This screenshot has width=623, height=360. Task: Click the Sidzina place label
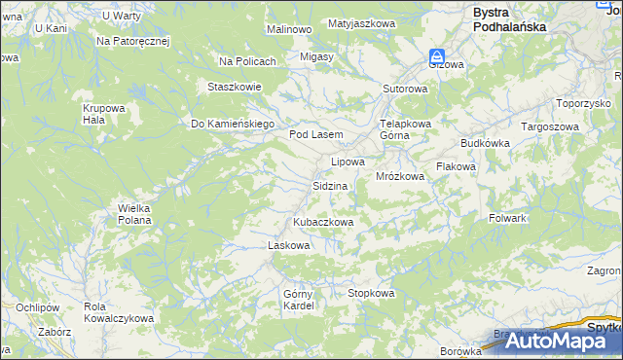[330, 185]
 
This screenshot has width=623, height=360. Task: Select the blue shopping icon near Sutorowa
[438, 57]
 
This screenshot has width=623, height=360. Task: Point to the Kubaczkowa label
[323, 222]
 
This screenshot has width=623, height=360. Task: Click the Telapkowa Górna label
[405, 129]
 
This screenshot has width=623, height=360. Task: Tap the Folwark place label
[507, 218]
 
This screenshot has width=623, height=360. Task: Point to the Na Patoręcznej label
[133, 42]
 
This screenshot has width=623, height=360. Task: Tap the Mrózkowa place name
[400, 176]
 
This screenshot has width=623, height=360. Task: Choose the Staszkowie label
[234, 86]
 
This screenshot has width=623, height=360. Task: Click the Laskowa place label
[288, 245]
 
